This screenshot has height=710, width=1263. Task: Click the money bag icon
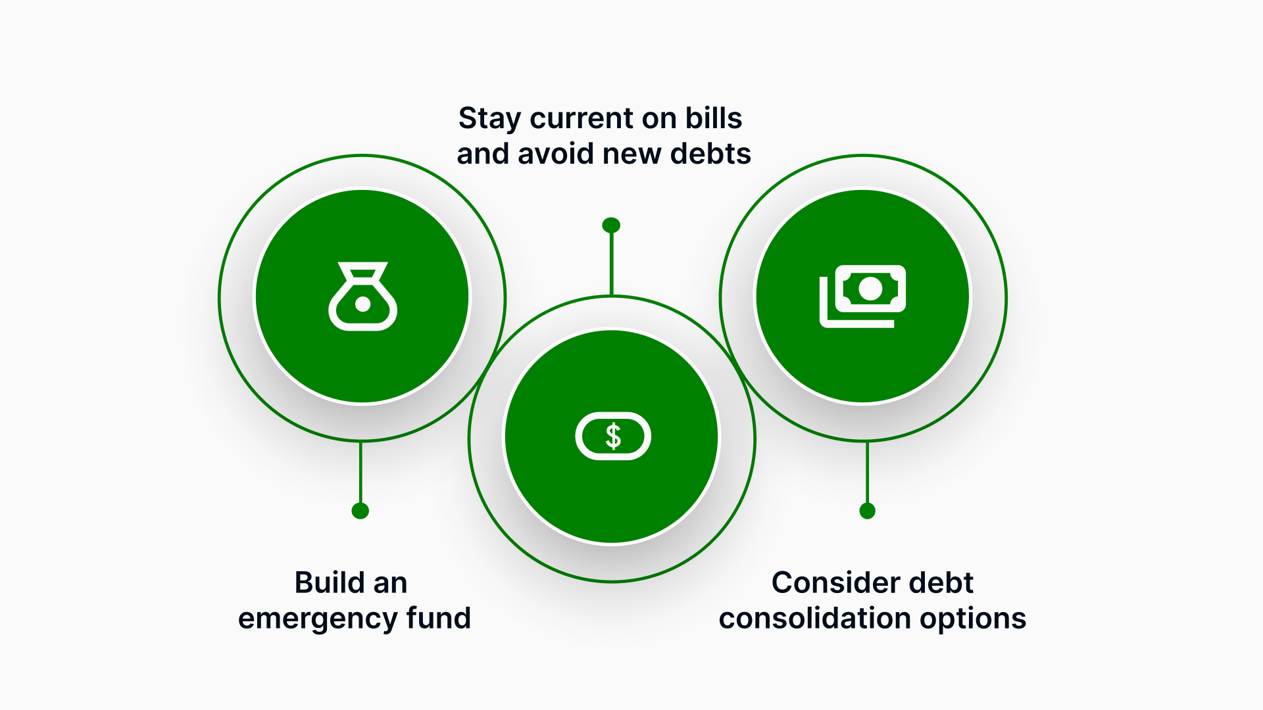[x=362, y=296]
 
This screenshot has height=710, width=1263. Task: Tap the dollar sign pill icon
[x=613, y=436]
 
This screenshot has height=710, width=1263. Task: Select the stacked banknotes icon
[x=862, y=296]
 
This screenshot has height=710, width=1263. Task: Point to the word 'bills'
[x=714, y=118]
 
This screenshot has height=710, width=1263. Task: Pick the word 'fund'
[x=438, y=618]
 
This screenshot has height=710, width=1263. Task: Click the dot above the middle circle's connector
[x=611, y=225]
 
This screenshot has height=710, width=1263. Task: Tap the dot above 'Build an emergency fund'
[x=360, y=511]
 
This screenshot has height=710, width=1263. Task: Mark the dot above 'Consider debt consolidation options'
[x=868, y=511]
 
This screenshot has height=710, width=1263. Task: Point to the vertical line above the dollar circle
[x=612, y=263]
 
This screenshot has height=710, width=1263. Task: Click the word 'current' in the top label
[x=582, y=119]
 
